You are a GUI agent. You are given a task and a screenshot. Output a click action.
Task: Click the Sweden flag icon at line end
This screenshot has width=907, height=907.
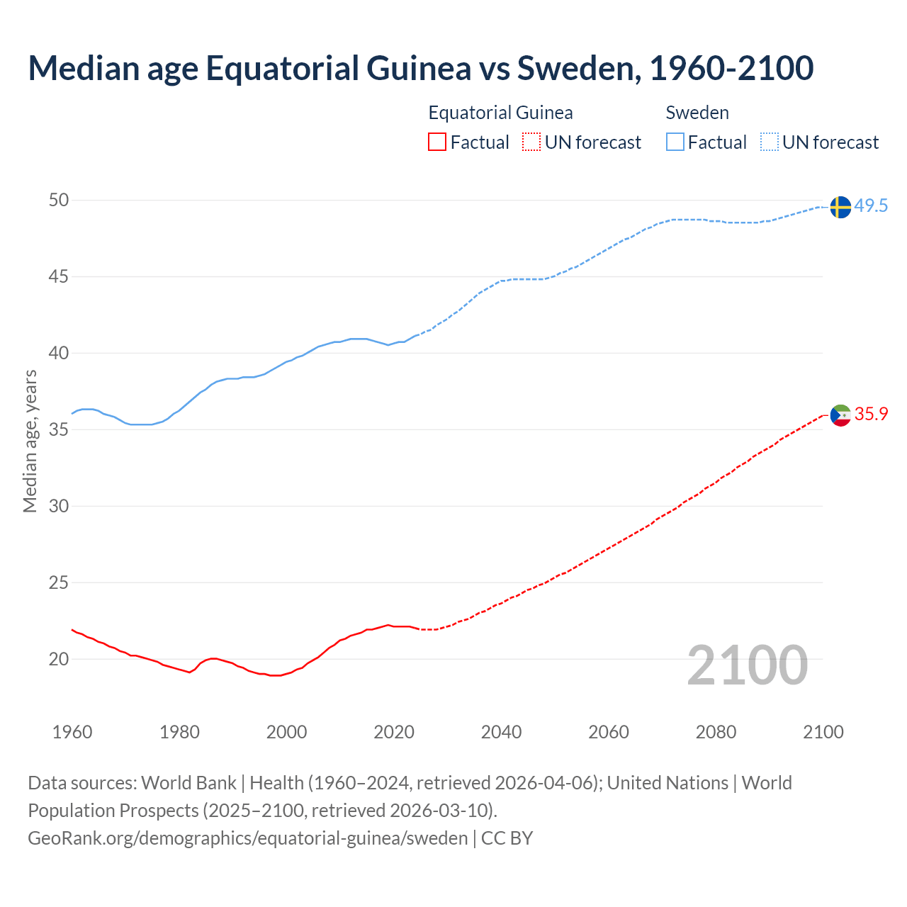click(x=840, y=207)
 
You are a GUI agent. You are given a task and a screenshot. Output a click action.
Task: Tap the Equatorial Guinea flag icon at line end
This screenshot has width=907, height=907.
click(x=840, y=415)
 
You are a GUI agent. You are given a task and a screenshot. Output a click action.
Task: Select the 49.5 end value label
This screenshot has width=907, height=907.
click(x=871, y=206)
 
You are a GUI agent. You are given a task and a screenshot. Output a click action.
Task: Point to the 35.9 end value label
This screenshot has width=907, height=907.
click(x=871, y=415)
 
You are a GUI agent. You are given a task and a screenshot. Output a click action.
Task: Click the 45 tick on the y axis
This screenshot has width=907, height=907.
click(x=59, y=276)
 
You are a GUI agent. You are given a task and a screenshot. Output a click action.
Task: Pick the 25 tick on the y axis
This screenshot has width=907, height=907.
click(x=59, y=582)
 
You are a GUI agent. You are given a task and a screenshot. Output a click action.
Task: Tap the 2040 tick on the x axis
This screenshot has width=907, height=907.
click(x=501, y=732)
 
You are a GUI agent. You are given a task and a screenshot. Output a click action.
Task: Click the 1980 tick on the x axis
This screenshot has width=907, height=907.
click(x=179, y=732)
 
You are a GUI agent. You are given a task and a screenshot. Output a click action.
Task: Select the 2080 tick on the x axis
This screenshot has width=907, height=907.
click(x=716, y=732)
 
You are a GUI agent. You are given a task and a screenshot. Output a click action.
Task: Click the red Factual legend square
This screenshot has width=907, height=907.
click(x=437, y=142)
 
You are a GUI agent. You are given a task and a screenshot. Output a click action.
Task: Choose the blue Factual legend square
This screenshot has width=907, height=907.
click(x=675, y=142)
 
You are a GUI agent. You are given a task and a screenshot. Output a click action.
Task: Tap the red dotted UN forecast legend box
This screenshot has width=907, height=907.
click(x=531, y=142)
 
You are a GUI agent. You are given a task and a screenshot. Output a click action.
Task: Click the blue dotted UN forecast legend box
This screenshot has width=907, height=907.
click(x=770, y=142)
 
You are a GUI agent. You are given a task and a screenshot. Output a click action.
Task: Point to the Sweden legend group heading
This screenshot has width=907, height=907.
click(x=697, y=113)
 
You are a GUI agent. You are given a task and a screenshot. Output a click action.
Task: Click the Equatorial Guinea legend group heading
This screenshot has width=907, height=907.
click(x=500, y=113)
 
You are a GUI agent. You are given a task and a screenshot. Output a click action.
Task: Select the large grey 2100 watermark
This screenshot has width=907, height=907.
click(x=748, y=665)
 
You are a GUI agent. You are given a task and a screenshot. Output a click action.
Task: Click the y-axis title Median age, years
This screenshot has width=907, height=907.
click(x=30, y=441)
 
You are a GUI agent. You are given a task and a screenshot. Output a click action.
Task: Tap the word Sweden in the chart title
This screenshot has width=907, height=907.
click(x=575, y=68)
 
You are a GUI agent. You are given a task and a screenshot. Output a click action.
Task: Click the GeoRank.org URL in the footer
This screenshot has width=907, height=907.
click(x=247, y=838)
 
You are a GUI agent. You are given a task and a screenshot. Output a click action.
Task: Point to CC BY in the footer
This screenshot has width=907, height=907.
click(x=507, y=838)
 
